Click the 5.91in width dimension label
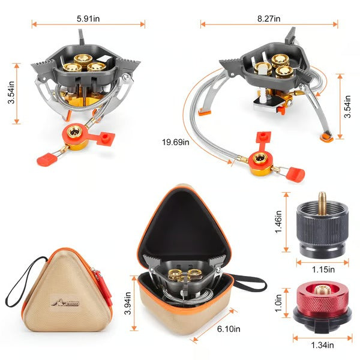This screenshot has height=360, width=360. pos(88,19)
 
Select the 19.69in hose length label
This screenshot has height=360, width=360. pos(175,142)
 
